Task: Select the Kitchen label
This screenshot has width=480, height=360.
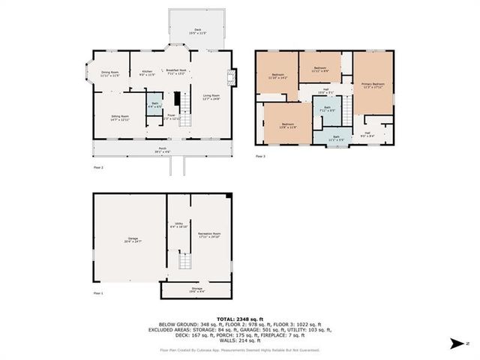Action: point(148,73)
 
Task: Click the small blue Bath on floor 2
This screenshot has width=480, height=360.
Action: point(154,105)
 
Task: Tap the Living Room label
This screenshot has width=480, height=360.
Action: point(211,97)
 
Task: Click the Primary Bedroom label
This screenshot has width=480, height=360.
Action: point(373,85)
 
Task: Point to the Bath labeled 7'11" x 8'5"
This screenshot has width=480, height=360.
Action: point(327,109)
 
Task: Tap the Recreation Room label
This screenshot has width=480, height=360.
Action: point(208,235)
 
